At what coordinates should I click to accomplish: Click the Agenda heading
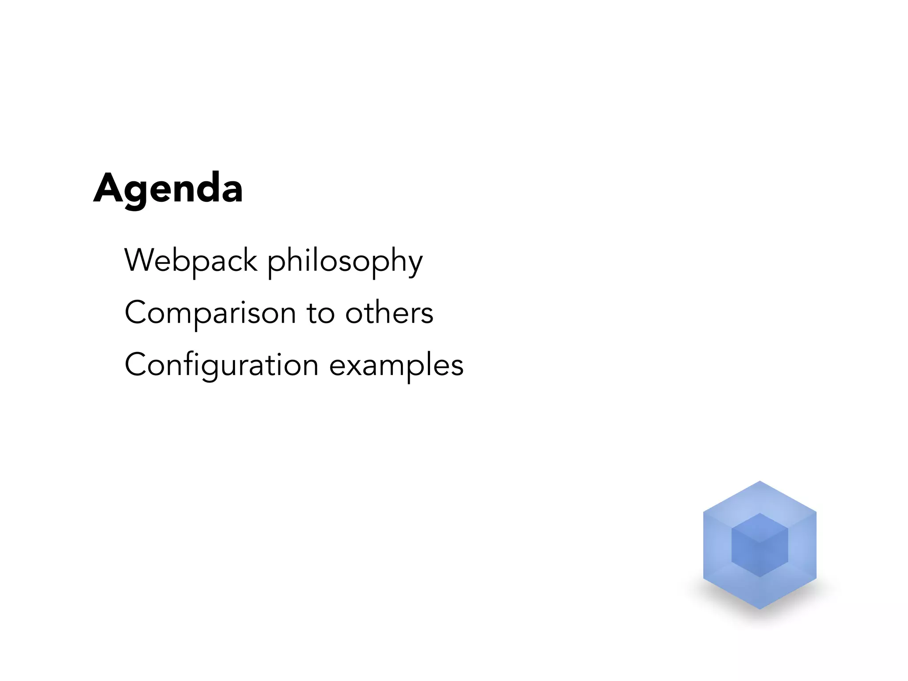pyautogui.click(x=168, y=188)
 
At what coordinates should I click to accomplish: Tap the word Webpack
pyautogui.click(x=191, y=261)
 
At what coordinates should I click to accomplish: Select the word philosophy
pyautogui.click(x=345, y=262)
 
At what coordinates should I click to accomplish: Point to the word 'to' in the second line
pyautogui.click(x=321, y=313)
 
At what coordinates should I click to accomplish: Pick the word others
pyautogui.click(x=389, y=313)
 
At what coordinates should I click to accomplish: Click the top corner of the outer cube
pyautogui.click(x=759, y=482)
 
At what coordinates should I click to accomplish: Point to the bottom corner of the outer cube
pyautogui.click(x=759, y=608)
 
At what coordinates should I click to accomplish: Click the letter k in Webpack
pyautogui.click(x=249, y=260)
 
